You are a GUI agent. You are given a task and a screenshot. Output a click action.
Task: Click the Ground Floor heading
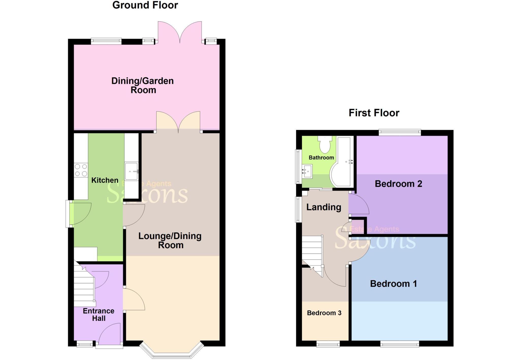(x=145, y=5)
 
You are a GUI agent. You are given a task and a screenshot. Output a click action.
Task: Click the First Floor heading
(x=374, y=113)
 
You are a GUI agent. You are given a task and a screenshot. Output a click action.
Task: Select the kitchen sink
(x=131, y=171)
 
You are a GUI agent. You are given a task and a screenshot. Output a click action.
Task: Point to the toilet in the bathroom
(x=325, y=145)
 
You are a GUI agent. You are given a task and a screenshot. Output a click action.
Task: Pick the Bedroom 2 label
(x=398, y=184)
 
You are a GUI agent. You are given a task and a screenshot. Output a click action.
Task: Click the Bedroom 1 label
(x=393, y=284)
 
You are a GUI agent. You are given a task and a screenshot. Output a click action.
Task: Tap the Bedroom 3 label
(x=324, y=313)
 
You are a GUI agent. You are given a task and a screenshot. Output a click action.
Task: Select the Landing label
(x=323, y=207)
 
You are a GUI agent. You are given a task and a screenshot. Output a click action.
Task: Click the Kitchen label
(x=105, y=180)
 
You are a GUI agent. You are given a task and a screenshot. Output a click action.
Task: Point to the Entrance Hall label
(x=99, y=314)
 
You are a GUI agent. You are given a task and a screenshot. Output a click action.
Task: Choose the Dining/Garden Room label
(x=143, y=85)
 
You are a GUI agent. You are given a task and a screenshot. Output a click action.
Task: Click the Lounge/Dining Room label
(x=170, y=240)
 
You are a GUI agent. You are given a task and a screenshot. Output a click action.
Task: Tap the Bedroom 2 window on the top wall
(x=400, y=132)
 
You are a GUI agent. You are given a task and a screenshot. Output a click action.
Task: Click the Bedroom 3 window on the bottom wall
(x=328, y=344)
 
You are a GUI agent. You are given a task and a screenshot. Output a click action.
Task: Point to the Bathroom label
(x=321, y=158)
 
